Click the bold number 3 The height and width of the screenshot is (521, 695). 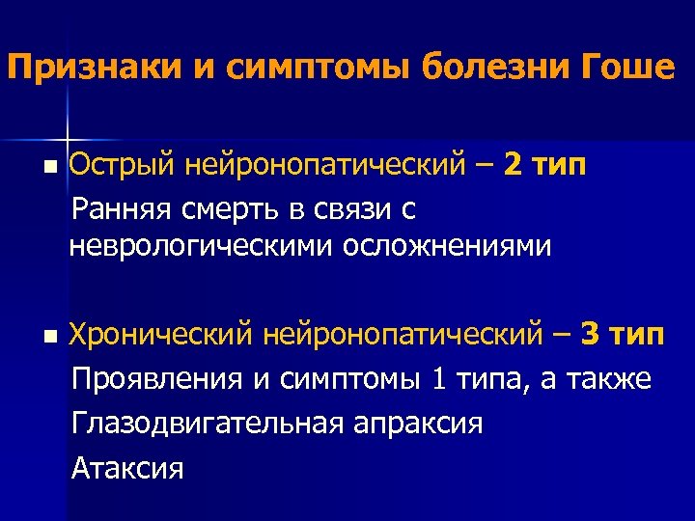pyautogui.click(x=593, y=336)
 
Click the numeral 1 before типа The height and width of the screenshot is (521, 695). pyautogui.click(x=438, y=379)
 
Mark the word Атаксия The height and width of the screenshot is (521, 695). pyautogui.click(x=127, y=468)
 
